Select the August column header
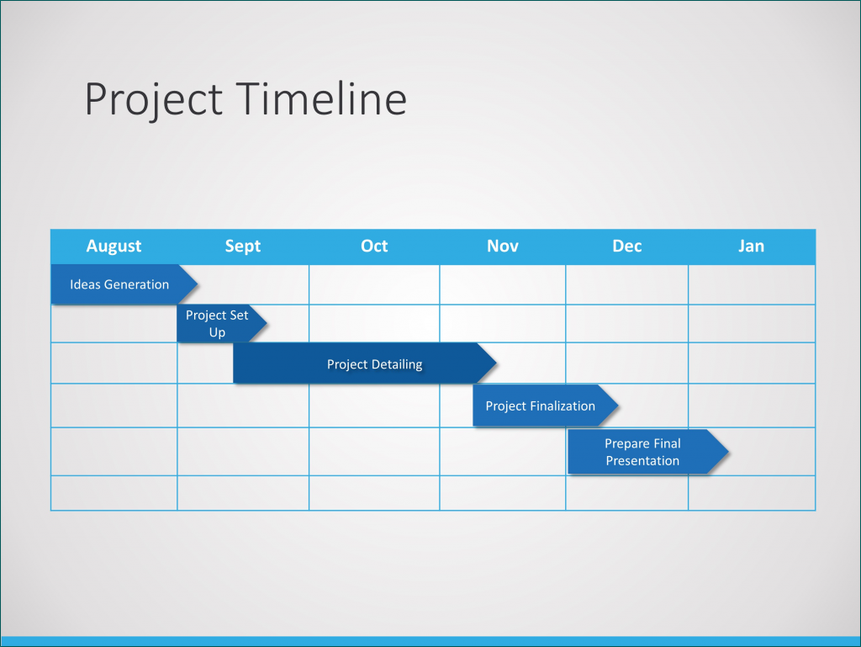[x=114, y=246]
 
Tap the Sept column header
[x=243, y=246]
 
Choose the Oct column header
[x=374, y=246]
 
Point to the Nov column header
[x=503, y=246]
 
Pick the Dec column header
[x=627, y=246]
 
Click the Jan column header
[x=751, y=246]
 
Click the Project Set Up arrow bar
[x=218, y=324]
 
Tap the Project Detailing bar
[x=362, y=364]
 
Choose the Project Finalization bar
[x=540, y=406]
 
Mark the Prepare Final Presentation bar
[x=642, y=452]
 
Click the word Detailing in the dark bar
[x=398, y=364]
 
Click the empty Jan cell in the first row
[x=751, y=284]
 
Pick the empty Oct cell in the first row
[x=374, y=284]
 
